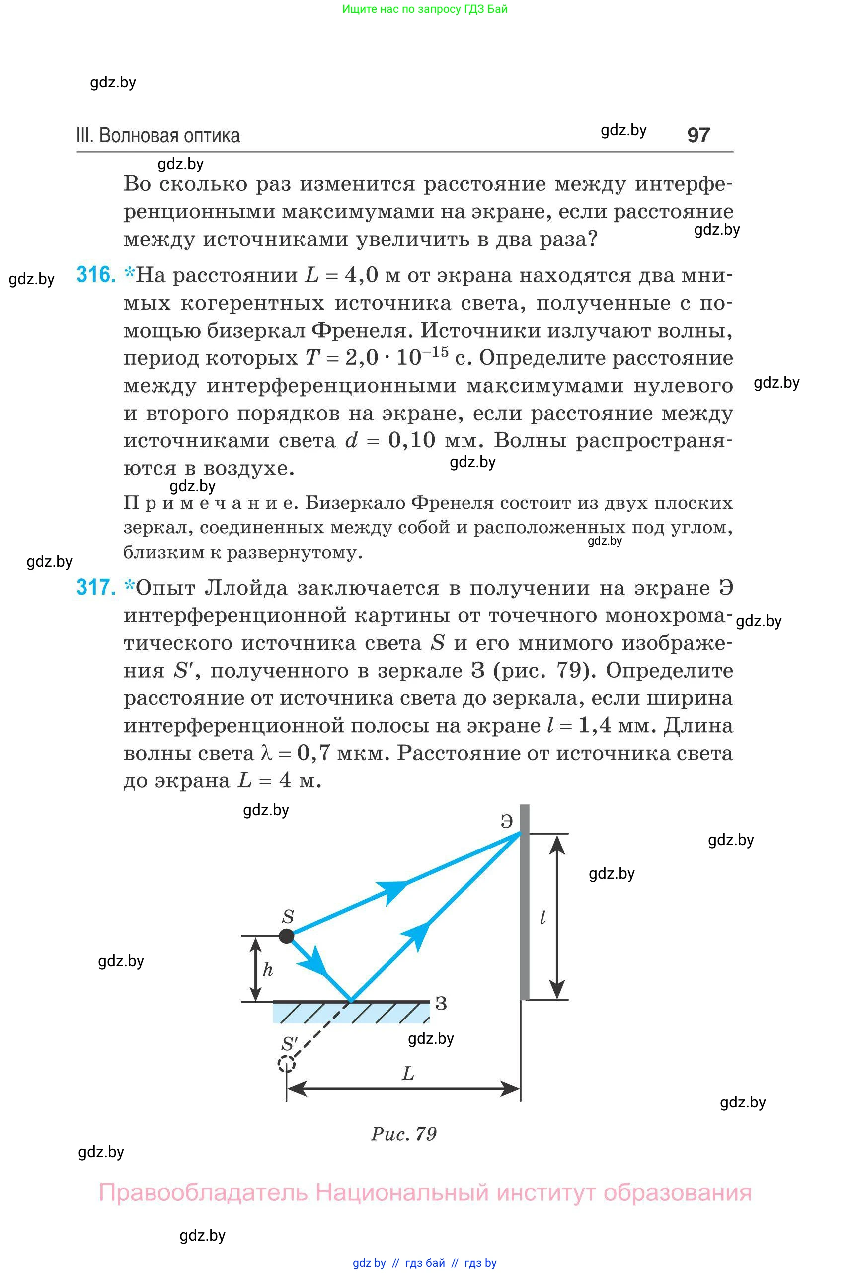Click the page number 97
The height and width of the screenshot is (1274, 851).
click(698, 135)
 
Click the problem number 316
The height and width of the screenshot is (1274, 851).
click(96, 275)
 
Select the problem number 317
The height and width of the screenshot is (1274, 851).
click(96, 588)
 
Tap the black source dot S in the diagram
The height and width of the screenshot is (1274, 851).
click(287, 935)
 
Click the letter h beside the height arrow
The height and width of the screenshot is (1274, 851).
click(268, 969)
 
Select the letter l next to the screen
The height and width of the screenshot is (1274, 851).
click(542, 918)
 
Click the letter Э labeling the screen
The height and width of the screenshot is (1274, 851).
click(506, 821)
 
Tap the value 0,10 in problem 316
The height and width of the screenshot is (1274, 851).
click(411, 440)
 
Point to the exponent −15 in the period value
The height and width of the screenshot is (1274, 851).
click(436, 352)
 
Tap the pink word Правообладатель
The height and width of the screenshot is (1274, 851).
click(203, 1192)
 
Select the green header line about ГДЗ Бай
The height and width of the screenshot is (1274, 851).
click(425, 9)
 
